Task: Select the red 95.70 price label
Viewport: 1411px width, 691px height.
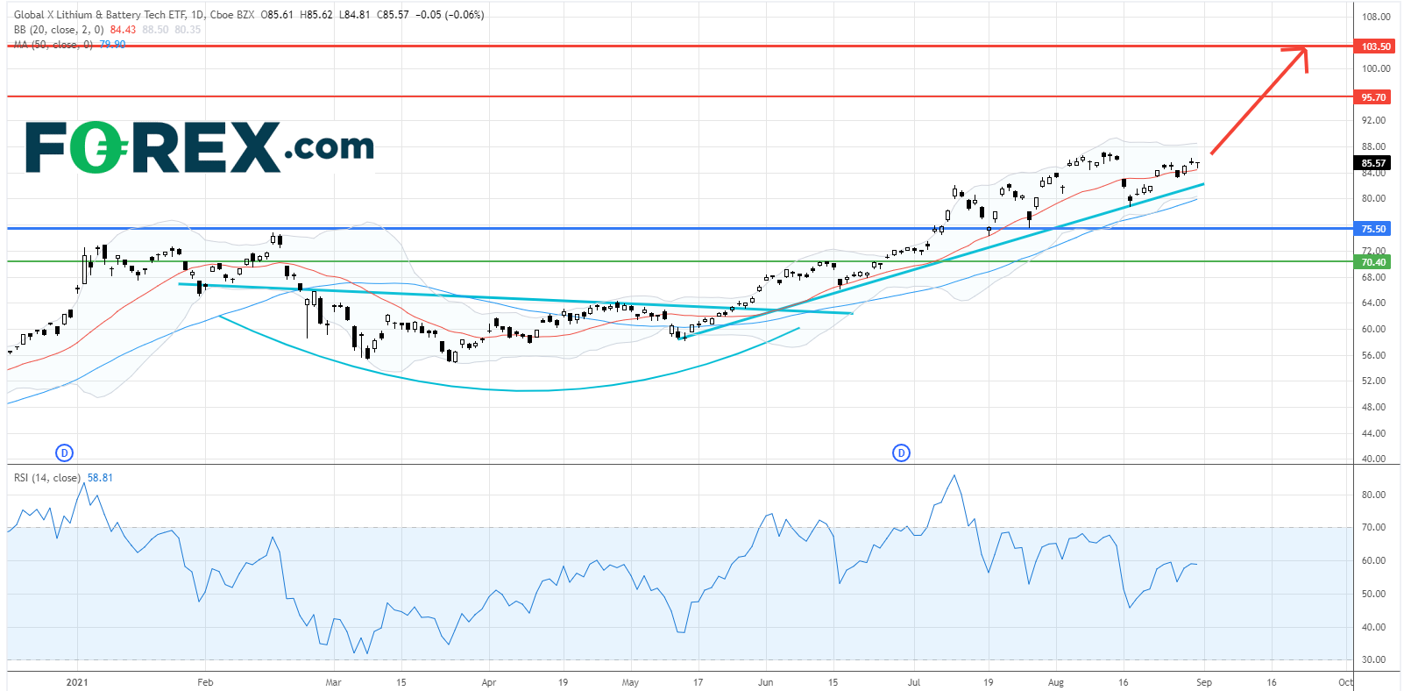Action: (1373, 97)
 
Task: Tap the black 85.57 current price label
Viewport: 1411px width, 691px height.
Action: (1373, 163)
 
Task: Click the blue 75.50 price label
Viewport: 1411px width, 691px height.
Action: (1373, 229)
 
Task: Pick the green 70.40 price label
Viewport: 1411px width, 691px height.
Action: (1373, 262)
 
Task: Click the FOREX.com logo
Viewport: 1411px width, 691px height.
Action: (200, 147)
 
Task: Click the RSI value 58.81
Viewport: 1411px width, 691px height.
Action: (100, 478)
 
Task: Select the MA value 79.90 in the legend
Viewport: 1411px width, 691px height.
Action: (112, 45)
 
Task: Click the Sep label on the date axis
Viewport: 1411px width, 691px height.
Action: (1204, 682)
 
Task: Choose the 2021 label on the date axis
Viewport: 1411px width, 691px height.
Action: (77, 682)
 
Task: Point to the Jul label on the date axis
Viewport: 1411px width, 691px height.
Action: (914, 682)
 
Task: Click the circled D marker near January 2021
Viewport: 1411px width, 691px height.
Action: (64, 452)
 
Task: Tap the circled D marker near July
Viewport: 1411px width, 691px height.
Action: (901, 452)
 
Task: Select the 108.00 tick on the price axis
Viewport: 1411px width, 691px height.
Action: (1376, 17)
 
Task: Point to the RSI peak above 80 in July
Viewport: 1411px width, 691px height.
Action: (954, 476)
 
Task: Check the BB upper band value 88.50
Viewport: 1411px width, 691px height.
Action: (155, 30)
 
